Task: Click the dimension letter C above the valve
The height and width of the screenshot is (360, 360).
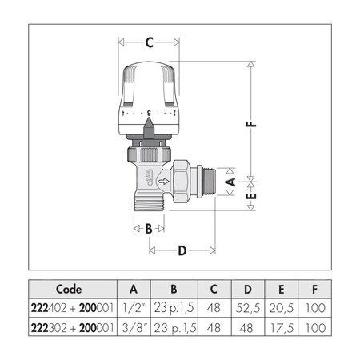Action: pyautogui.click(x=150, y=42)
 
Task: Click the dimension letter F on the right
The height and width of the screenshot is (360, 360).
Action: pyautogui.click(x=251, y=124)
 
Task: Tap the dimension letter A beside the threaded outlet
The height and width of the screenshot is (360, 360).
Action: pyautogui.click(x=230, y=182)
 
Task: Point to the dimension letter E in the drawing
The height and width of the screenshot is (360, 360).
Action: pyautogui.click(x=251, y=196)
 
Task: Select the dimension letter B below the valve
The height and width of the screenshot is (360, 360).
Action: pyautogui.click(x=149, y=229)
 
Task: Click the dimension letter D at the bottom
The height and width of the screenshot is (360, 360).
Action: pyautogui.click(x=182, y=250)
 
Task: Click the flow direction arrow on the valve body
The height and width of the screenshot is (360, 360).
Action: pyautogui.click(x=164, y=182)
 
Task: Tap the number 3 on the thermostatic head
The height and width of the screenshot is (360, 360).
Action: pyautogui.click(x=149, y=113)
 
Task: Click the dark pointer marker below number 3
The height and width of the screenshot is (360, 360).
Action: pyautogui.click(x=149, y=129)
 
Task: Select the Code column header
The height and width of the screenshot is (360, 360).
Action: pyautogui.click(x=69, y=289)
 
